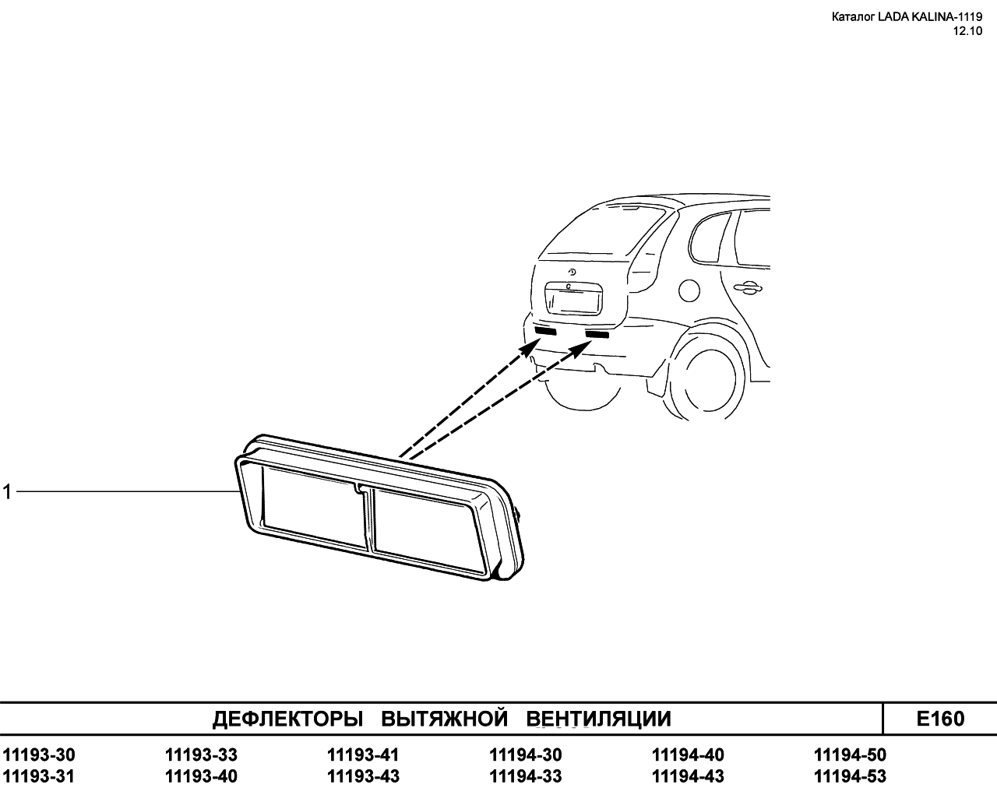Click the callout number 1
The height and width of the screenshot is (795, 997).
click(6, 492)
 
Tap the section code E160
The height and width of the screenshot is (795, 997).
click(940, 719)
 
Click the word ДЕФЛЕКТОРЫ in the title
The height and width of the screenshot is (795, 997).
click(287, 719)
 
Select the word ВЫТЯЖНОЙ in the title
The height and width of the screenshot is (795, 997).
click(444, 719)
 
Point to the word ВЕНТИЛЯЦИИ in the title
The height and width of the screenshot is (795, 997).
click(598, 719)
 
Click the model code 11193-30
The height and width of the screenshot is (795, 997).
click(38, 755)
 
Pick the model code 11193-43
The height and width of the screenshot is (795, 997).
click(363, 776)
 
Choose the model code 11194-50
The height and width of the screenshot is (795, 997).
click(850, 755)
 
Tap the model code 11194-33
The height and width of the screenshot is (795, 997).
click(525, 776)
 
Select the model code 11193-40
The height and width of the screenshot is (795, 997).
click(201, 776)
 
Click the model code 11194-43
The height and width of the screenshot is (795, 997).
click(688, 776)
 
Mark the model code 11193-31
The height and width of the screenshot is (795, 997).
click(38, 776)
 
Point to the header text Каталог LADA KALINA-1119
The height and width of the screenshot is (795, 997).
click(907, 17)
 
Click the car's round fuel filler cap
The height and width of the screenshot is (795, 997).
click(689, 290)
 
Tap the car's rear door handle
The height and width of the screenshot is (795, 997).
click(747, 287)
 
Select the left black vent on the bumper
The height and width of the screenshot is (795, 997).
click(545, 331)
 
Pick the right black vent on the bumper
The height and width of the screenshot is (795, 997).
click(597, 335)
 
